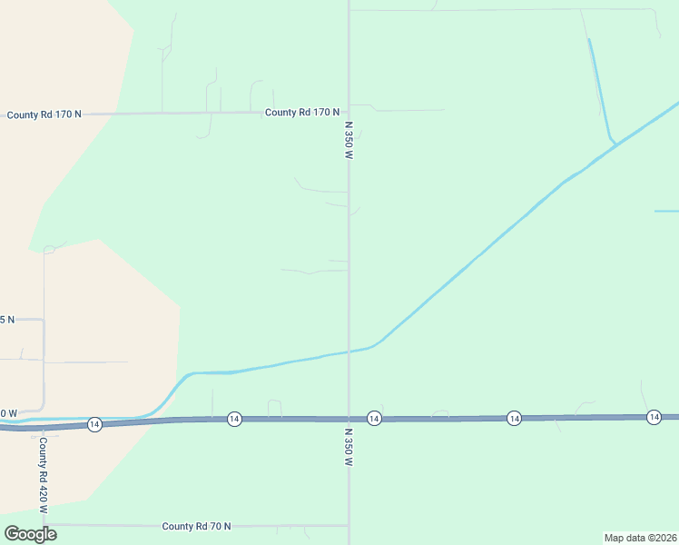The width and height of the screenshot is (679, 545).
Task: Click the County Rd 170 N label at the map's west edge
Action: (44, 114)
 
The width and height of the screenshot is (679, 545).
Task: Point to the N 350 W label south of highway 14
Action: (348, 448)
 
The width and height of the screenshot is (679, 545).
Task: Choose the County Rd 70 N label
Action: (196, 526)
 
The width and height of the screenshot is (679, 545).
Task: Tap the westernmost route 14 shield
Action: (94, 424)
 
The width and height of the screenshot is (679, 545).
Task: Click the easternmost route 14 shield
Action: (654, 417)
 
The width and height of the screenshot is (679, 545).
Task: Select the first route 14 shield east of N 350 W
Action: (374, 418)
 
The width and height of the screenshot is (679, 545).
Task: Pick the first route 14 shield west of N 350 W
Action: (234, 419)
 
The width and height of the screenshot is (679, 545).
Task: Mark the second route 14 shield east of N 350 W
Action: (514, 418)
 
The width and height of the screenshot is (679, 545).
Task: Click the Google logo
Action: (30, 533)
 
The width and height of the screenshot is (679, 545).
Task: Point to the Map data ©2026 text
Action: (640, 538)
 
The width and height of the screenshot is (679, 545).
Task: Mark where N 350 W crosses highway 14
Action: (349, 419)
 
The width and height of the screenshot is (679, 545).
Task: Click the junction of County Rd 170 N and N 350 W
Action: (349, 113)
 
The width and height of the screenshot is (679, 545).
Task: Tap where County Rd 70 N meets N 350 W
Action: (349, 524)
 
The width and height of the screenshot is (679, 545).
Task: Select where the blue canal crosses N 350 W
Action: (349, 352)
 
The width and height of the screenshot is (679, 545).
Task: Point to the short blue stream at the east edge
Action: (666, 211)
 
